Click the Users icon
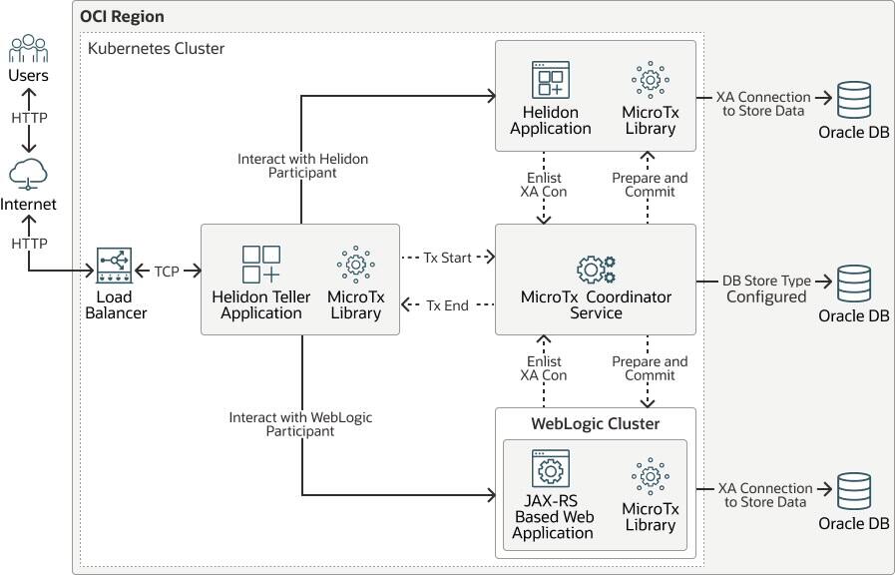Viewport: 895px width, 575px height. click(x=28, y=49)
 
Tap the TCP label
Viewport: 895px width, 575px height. click(x=167, y=271)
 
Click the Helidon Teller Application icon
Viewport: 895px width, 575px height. click(x=261, y=265)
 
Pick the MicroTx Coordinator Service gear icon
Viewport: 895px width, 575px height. click(x=596, y=269)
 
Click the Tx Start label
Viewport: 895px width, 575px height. click(x=447, y=257)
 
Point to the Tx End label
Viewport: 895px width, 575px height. click(x=447, y=304)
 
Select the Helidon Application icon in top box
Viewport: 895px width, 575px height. click(x=550, y=79)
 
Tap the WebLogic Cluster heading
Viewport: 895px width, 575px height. click(x=595, y=423)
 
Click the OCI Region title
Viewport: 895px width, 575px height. click(x=123, y=17)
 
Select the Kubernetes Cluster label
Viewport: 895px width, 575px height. click(x=157, y=48)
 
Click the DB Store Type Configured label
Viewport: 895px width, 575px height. click(x=765, y=288)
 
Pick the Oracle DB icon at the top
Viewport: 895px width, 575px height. click(x=853, y=101)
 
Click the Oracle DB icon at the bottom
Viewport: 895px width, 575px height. click(x=853, y=493)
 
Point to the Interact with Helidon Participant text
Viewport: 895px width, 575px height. click(x=302, y=166)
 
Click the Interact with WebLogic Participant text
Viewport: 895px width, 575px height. click(x=300, y=424)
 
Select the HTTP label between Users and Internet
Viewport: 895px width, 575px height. click(x=29, y=117)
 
